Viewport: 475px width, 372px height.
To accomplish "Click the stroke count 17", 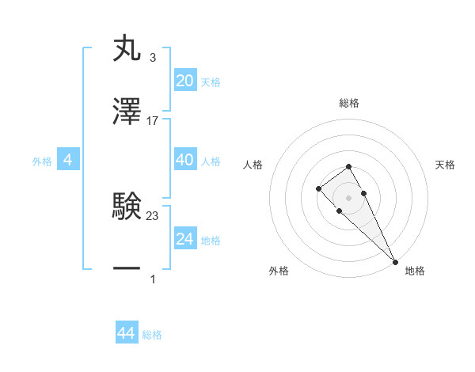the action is coord(153,121).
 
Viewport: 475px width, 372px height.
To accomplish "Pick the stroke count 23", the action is coord(153,215).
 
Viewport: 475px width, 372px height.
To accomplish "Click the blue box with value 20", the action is coord(184,81).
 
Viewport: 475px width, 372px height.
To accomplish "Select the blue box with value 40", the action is coord(184,160).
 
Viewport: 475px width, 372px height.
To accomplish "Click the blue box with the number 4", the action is coord(68,160).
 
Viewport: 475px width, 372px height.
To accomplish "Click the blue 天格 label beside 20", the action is coord(211,82).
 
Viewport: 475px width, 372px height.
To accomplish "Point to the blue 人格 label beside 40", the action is coord(211,161).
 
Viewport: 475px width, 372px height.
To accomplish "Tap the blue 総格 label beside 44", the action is coord(152,336).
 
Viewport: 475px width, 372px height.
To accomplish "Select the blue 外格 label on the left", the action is coord(42,161).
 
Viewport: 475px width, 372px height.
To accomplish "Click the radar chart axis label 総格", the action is coord(348,104).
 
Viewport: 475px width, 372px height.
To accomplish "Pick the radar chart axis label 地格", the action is coord(415,271).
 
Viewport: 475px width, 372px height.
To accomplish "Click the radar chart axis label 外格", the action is coord(279,271).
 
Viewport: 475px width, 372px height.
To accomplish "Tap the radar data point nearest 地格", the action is coord(395,262).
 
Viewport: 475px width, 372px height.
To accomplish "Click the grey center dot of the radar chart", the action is coord(348,197).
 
